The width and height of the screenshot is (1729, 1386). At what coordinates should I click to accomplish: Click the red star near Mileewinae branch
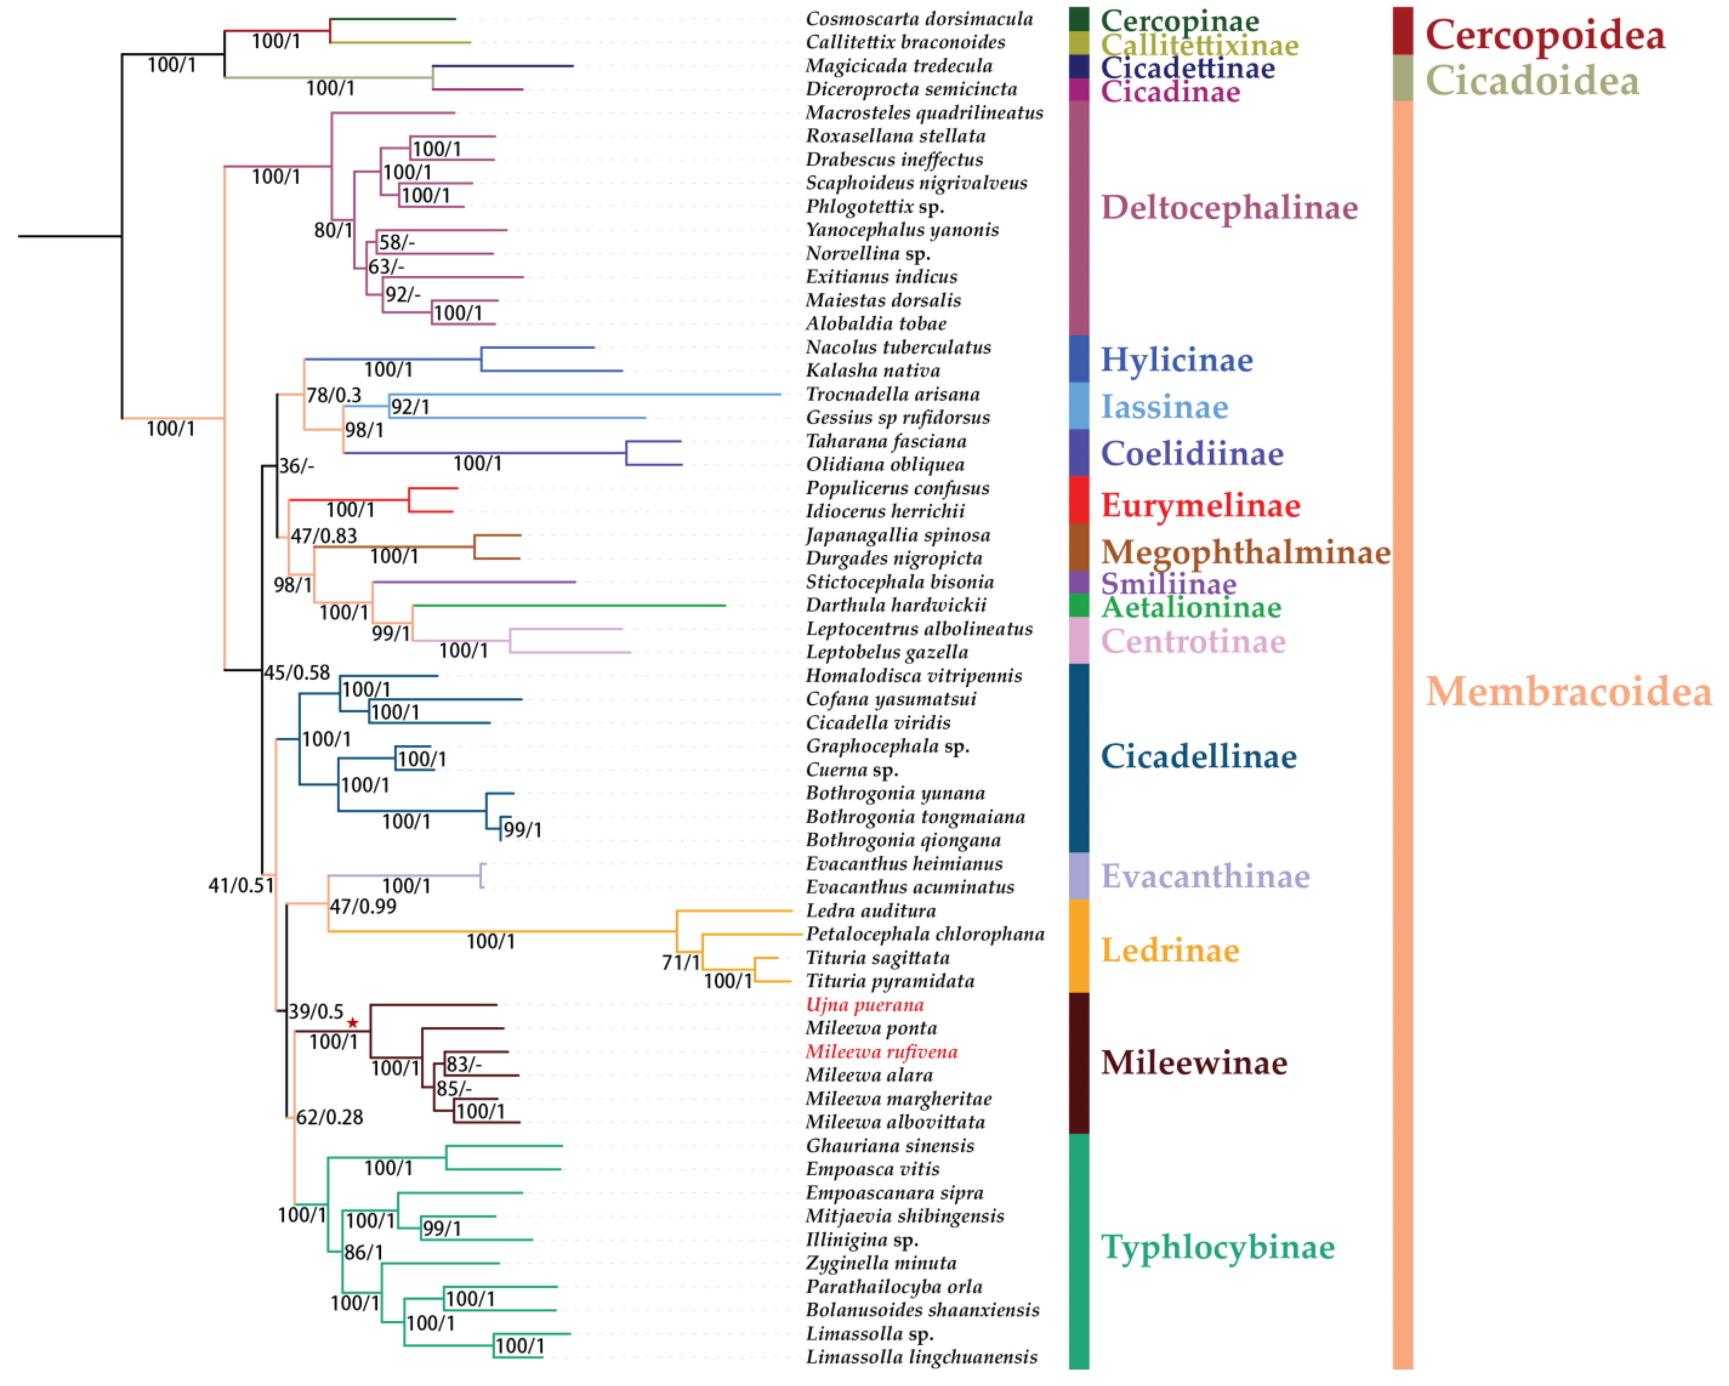(x=353, y=1023)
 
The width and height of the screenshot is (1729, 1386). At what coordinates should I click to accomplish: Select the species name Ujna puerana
(x=865, y=1005)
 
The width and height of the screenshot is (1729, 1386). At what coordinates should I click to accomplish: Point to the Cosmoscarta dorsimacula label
(x=919, y=18)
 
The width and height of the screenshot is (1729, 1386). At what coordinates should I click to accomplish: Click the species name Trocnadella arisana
(x=893, y=394)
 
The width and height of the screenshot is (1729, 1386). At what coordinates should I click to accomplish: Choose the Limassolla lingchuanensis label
(x=921, y=1357)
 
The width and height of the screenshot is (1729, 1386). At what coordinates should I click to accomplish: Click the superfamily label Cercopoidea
(x=1545, y=34)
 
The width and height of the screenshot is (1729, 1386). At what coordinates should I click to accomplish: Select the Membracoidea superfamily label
(x=1568, y=691)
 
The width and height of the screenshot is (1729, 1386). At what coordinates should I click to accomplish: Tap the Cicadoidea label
(x=1532, y=81)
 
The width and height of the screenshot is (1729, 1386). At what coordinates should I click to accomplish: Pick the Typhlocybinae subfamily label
(x=1217, y=1247)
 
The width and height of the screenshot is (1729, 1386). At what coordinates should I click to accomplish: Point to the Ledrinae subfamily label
(x=1170, y=951)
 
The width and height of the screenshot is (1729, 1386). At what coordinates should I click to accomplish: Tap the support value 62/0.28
(x=330, y=1117)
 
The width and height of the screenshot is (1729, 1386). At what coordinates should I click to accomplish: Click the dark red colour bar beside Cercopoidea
(x=1403, y=30)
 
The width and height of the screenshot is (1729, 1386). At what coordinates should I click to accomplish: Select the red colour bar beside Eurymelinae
(x=1078, y=500)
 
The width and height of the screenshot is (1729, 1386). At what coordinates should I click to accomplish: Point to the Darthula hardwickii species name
(x=896, y=606)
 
